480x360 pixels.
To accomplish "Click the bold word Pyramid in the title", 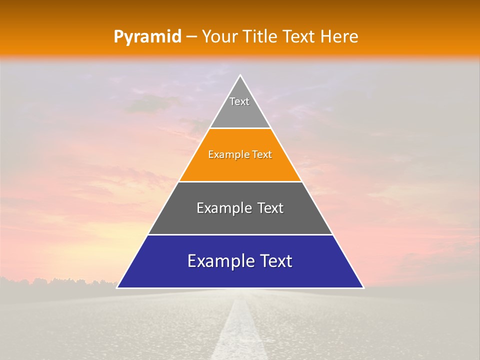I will pyautogui.click(x=147, y=37).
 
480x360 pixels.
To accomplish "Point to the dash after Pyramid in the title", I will pyautogui.click(x=191, y=37).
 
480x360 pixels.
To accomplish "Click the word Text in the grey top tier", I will pyautogui.click(x=239, y=101).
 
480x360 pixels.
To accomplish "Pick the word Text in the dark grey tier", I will pyautogui.click(x=270, y=208).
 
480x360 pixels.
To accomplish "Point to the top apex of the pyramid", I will pyautogui.click(x=240, y=75).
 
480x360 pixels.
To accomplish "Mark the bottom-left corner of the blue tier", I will pyautogui.click(x=117, y=287).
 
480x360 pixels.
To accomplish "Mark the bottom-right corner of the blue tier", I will pyautogui.click(x=363, y=287).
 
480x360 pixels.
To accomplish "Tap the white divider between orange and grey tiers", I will pyautogui.click(x=240, y=181).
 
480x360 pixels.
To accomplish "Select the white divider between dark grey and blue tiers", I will pyautogui.click(x=240, y=234).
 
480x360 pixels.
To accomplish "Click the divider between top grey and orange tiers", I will pyautogui.click(x=240, y=128).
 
